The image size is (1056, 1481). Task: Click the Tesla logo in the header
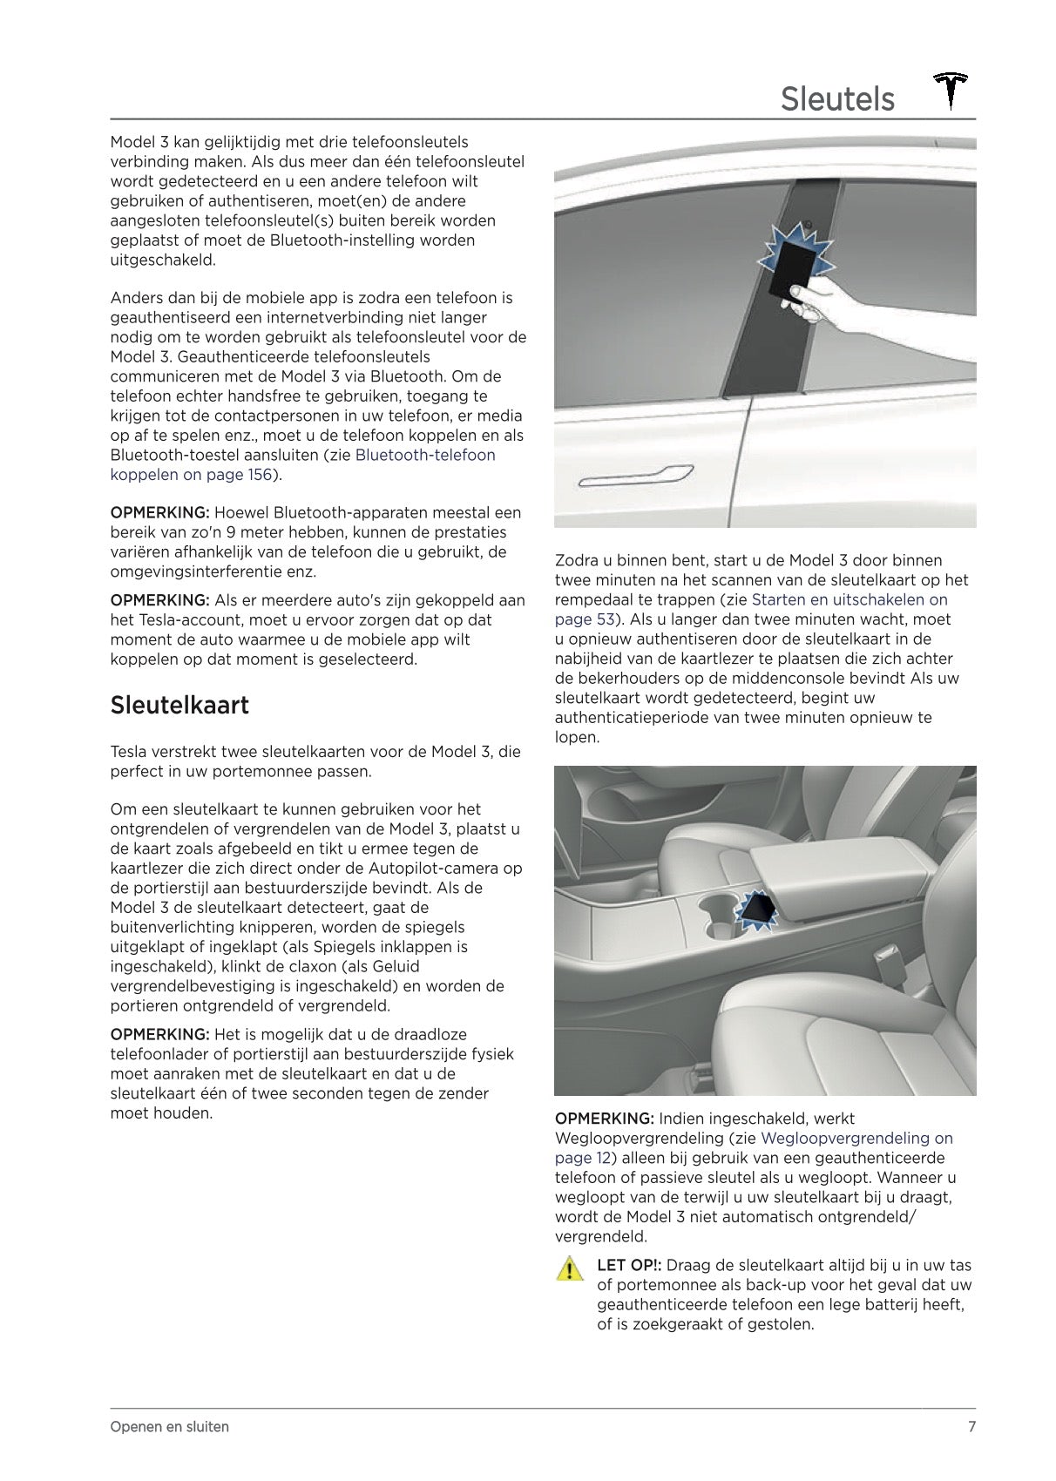(951, 91)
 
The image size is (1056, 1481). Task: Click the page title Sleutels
(836, 99)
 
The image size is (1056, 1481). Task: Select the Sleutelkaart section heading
(179, 705)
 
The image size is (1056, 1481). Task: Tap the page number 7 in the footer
(971, 1426)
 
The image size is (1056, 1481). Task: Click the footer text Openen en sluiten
(170, 1426)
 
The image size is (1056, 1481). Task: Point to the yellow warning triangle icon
(569, 1268)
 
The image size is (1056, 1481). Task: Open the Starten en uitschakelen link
(849, 599)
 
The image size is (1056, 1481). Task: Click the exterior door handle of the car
(635, 476)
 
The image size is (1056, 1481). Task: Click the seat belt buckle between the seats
(891, 961)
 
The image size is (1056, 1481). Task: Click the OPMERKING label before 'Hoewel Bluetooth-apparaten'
(159, 512)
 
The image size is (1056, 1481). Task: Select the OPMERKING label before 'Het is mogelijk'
(159, 1034)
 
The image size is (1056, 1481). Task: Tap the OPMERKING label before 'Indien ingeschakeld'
(604, 1118)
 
